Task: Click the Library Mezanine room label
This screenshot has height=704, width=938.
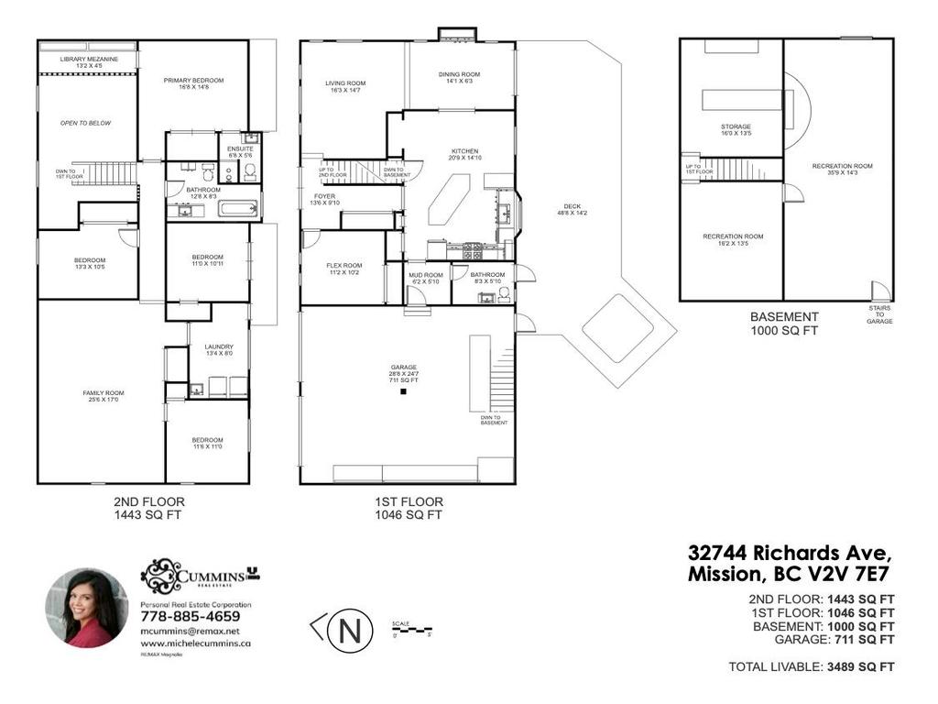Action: pyautogui.click(x=87, y=62)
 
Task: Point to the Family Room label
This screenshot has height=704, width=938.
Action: pyautogui.click(x=101, y=396)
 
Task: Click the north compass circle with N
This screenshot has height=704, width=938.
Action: pyautogui.click(x=349, y=632)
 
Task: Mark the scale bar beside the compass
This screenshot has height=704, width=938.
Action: pyautogui.click(x=411, y=629)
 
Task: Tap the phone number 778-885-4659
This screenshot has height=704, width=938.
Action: pyautogui.click(x=189, y=617)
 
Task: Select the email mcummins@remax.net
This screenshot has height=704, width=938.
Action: pyautogui.click(x=190, y=631)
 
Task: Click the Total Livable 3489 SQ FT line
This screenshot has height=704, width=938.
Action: pyautogui.click(x=811, y=666)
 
